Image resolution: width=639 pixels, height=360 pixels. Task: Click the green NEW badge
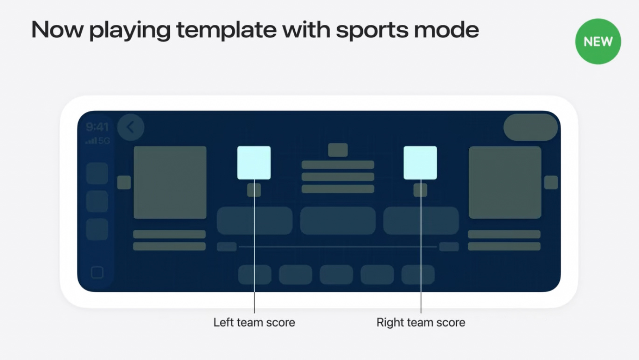tap(598, 42)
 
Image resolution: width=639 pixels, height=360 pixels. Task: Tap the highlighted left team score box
tap(254, 163)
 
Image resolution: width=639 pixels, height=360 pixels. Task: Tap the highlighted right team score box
tap(420, 163)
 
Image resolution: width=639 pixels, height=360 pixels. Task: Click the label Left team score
tap(254, 322)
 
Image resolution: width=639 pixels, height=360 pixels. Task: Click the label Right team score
tap(421, 322)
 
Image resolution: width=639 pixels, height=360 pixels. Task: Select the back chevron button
tap(131, 127)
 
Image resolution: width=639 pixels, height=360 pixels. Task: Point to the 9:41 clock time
tap(97, 127)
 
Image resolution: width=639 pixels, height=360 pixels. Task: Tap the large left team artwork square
tap(170, 183)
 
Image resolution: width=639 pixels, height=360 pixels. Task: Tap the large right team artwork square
tap(505, 183)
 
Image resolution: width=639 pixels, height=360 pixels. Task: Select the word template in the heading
tap(227, 30)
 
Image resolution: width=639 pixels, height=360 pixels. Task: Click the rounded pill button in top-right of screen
tap(531, 127)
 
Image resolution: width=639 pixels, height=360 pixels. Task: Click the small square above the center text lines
tap(338, 150)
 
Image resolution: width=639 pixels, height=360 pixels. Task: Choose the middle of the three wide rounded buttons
tap(338, 221)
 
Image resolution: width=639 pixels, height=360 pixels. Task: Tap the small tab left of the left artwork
tap(124, 183)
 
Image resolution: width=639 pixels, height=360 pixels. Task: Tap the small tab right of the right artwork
tap(551, 183)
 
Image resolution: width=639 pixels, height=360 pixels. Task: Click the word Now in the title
tap(57, 30)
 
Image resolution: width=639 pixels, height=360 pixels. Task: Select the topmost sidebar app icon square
tap(97, 173)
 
